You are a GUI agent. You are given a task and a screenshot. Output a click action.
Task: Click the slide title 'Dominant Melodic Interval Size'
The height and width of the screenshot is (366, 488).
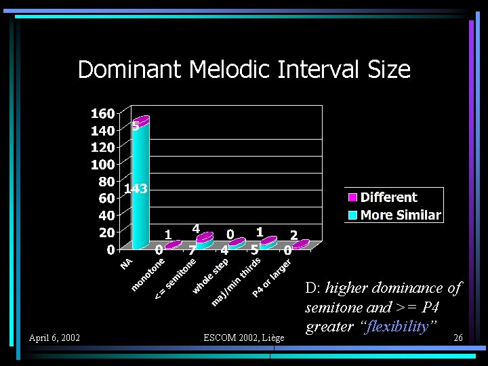pyautogui.click(x=244, y=69)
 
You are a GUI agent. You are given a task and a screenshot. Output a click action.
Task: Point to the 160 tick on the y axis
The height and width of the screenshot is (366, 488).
pyautogui.click(x=102, y=113)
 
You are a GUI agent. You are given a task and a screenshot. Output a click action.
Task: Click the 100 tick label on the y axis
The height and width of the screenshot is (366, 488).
pyautogui.click(x=102, y=165)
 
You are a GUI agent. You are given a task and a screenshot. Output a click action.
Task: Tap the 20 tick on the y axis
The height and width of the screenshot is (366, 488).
pyautogui.click(x=106, y=232)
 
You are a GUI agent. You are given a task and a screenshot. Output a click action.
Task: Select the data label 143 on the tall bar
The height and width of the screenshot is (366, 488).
pyautogui.click(x=136, y=189)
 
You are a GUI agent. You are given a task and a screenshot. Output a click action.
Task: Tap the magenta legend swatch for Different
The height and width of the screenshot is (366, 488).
pyautogui.click(x=352, y=197)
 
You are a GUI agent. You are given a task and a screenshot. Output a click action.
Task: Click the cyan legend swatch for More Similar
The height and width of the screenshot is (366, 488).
pyautogui.click(x=352, y=216)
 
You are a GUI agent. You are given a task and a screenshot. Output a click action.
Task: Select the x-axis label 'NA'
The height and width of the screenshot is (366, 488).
pyautogui.click(x=127, y=262)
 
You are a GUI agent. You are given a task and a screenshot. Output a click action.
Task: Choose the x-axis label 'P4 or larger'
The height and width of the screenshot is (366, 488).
pyautogui.click(x=272, y=279)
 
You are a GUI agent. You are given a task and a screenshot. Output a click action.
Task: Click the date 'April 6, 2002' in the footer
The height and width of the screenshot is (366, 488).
pyautogui.click(x=54, y=338)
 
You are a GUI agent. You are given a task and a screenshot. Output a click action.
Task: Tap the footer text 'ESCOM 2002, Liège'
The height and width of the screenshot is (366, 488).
pyautogui.click(x=244, y=338)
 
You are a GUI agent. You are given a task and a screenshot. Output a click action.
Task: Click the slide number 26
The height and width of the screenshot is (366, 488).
pyautogui.click(x=457, y=338)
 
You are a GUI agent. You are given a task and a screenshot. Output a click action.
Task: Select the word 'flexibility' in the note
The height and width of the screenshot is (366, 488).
pyautogui.click(x=399, y=327)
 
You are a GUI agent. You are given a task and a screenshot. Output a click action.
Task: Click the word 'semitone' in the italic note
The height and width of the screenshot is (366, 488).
pyautogui.click(x=332, y=307)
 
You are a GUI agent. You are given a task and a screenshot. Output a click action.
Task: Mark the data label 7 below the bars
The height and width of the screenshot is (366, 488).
pyautogui.click(x=192, y=250)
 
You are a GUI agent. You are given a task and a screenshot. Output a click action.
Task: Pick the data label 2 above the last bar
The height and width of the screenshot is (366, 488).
pyautogui.click(x=293, y=234)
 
